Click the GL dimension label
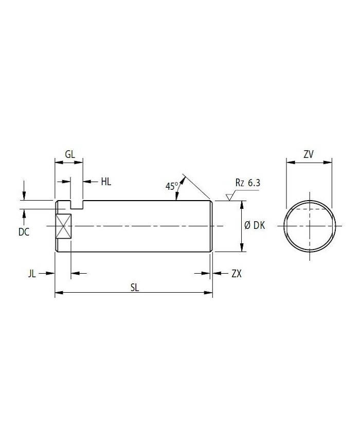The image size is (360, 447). pyautogui.click(x=70, y=154)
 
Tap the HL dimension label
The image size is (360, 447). pyautogui.click(x=106, y=182)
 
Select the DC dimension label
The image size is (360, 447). pyautogui.click(x=24, y=232)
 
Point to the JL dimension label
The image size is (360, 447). pyautogui.click(x=32, y=274)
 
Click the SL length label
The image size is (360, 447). pyautogui.click(x=135, y=288)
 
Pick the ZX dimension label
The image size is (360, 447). pyautogui.click(x=236, y=274)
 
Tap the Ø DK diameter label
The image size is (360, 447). pyautogui.click(x=255, y=225)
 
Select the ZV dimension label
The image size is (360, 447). pyautogui.click(x=309, y=154)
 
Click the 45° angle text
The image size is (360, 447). pyautogui.click(x=172, y=186)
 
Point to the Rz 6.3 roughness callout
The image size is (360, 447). pyautogui.click(x=248, y=183)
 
